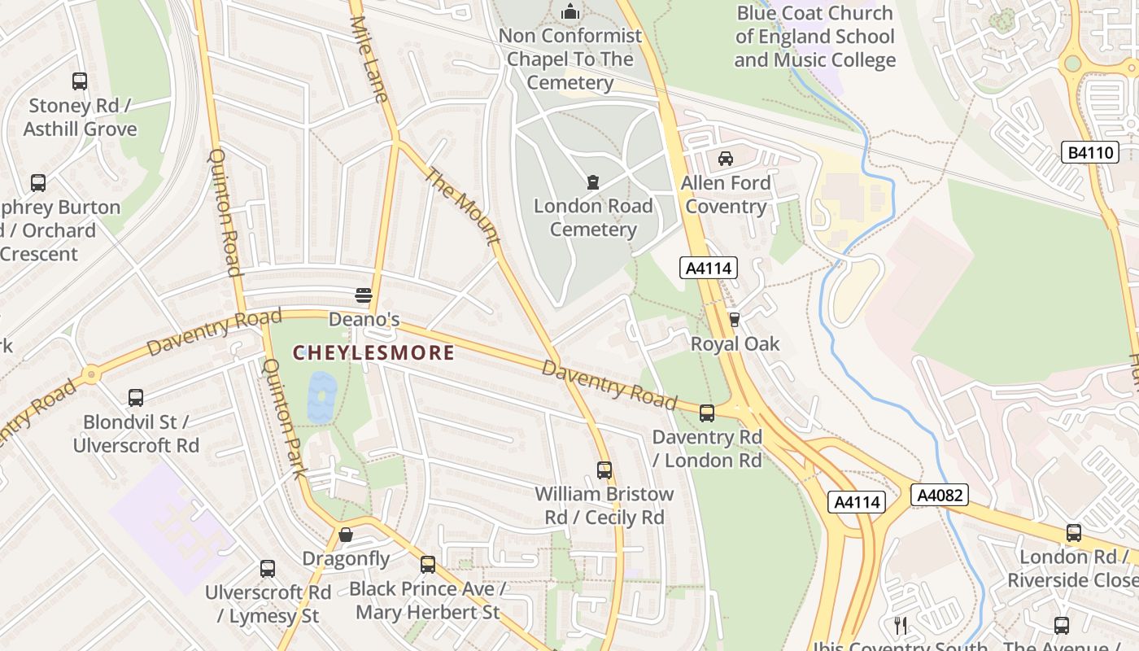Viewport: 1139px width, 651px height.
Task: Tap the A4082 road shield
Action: coord(940,495)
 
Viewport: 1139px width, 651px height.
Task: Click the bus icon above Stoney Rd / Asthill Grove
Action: coord(80,81)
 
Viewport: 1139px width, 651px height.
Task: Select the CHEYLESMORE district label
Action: coord(373,353)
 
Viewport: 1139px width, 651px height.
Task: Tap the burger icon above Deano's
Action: coord(364,295)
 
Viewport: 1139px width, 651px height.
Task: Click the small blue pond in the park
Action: coord(321,397)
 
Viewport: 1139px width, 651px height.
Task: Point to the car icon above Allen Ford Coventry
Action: coord(726,159)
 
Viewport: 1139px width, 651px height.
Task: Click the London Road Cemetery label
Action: coord(593,217)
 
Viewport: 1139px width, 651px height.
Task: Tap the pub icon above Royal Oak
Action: coord(735,320)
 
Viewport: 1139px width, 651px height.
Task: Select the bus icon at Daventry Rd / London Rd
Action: coord(707,413)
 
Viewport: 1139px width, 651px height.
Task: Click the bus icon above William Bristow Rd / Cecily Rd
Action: coord(604,470)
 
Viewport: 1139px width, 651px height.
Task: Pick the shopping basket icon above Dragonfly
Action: coord(346,535)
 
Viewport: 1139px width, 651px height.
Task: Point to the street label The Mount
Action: coord(461,206)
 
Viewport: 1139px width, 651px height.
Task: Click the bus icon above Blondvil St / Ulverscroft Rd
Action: coord(136,398)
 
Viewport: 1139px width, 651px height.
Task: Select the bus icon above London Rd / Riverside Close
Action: coord(1074,533)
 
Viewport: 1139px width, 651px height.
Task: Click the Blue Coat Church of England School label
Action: coord(815,37)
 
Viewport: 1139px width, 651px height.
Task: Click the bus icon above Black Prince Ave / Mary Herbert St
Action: coord(428,564)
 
